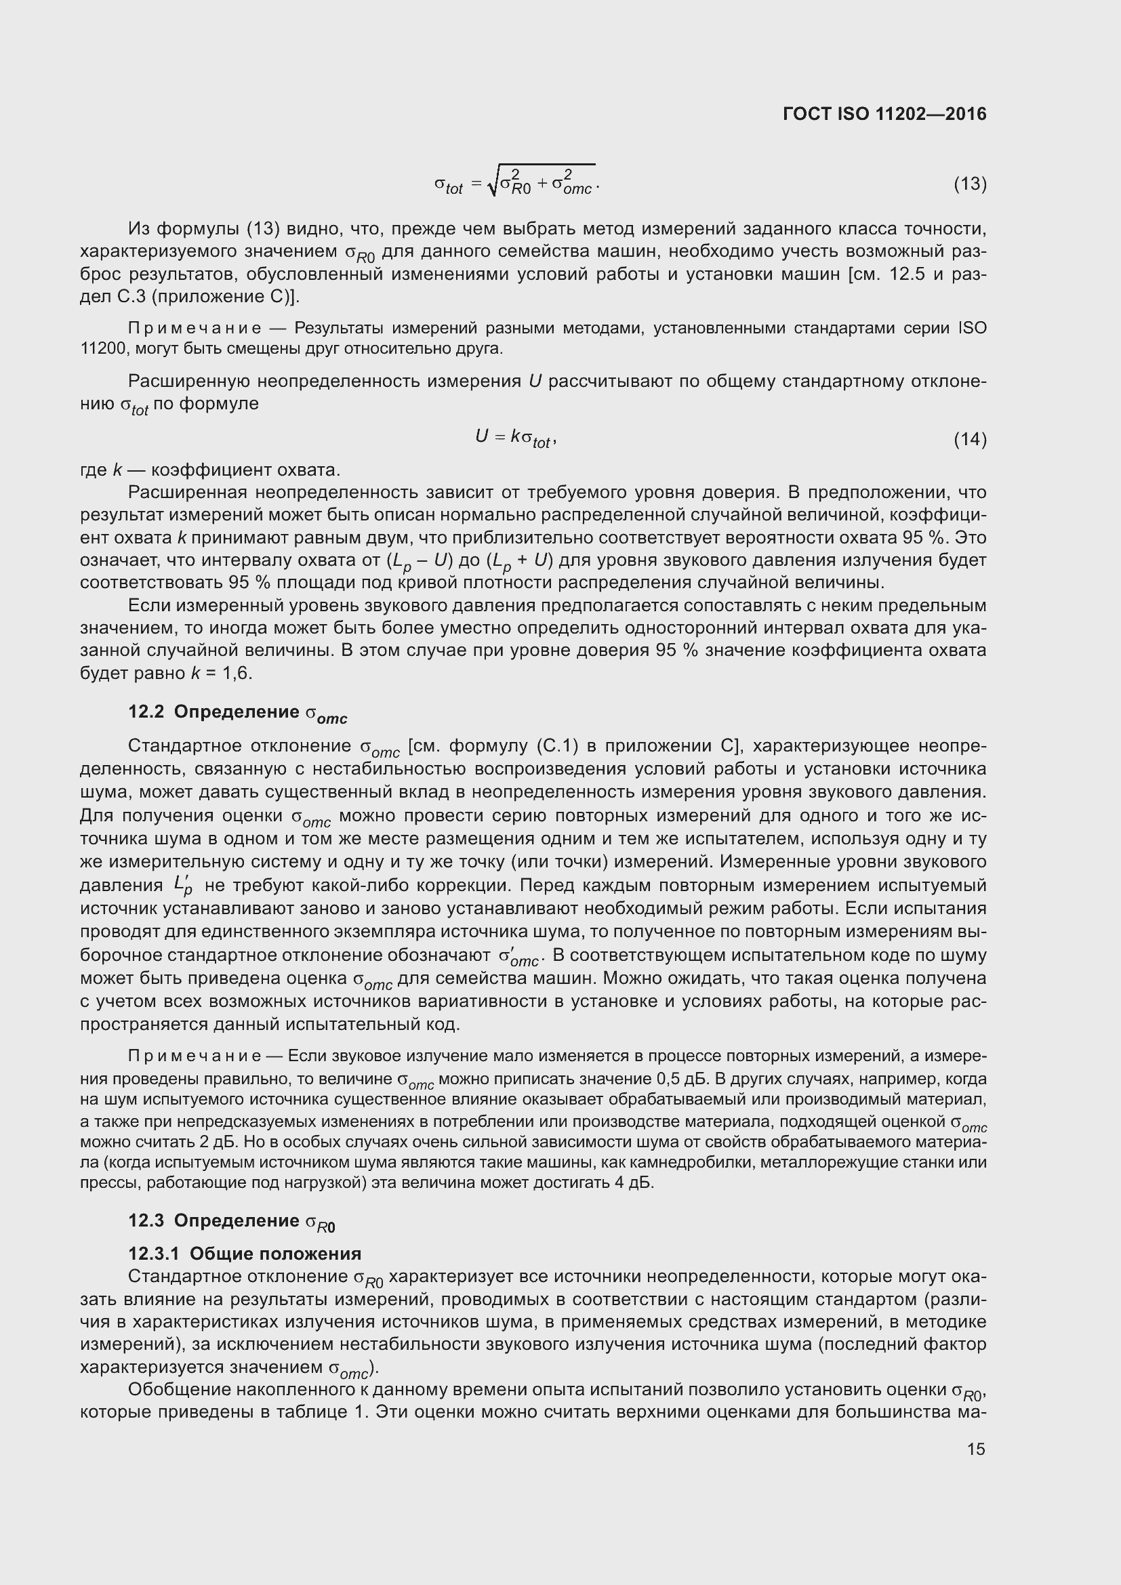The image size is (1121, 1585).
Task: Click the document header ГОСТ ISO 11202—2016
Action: click(884, 114)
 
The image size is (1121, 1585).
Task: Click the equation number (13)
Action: click(970, 184)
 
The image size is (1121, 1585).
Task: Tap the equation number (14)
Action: click(970, 439)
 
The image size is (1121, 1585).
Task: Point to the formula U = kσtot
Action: click(516, 438)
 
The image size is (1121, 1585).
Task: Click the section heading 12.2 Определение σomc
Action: click(237, 713)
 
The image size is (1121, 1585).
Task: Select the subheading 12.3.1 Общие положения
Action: click(245, 1254)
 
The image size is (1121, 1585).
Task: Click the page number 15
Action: click(976, 1448)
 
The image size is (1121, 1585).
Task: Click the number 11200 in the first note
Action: click(104, 349)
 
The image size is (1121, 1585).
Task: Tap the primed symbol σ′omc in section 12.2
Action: click(518, 957)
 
